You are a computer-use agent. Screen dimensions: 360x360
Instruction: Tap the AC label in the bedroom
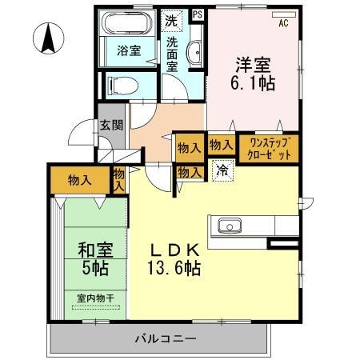click(x=282, y=22)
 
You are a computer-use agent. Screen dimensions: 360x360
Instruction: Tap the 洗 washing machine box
click(x=170, y=19)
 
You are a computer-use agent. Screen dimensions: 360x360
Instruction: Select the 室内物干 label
click(x=93, y=299)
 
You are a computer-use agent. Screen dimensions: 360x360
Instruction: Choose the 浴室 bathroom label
click(x=129, y=51)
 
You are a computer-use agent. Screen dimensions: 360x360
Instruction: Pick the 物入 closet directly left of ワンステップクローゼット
click(x=220, y=145)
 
